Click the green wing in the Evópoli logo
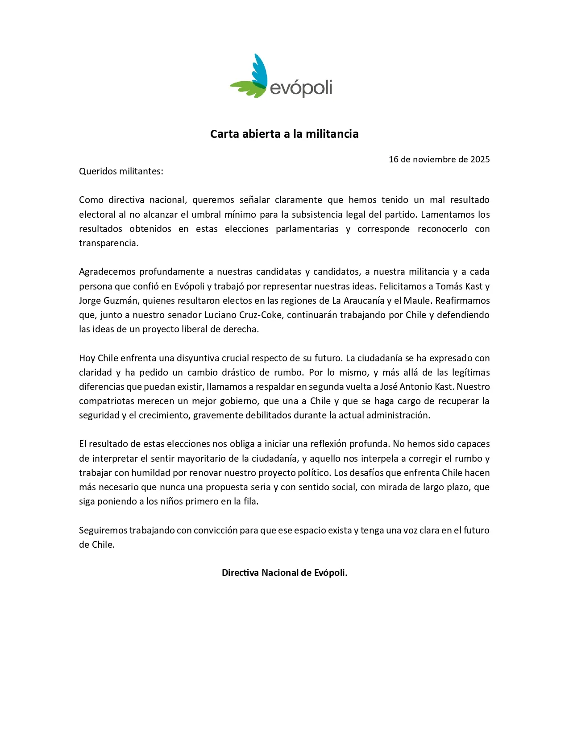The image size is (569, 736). tap(248, 87)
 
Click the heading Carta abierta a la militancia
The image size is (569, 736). tap(284, 134)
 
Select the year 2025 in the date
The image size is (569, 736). tap(480, 159)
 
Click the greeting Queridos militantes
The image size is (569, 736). tap(121, 171)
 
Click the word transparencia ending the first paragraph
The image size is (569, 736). tap(108, 243)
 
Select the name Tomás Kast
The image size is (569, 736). tap(458, 286)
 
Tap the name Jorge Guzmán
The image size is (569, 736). tap(108, 300)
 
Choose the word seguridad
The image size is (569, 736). tap(99, 415)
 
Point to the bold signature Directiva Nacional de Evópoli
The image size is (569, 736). tap(284, 573)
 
